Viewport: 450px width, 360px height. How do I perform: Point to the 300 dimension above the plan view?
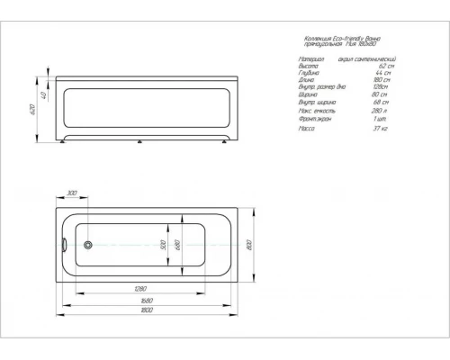(x=71, y=193)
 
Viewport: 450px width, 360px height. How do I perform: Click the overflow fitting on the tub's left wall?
(x=64, y=242)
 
